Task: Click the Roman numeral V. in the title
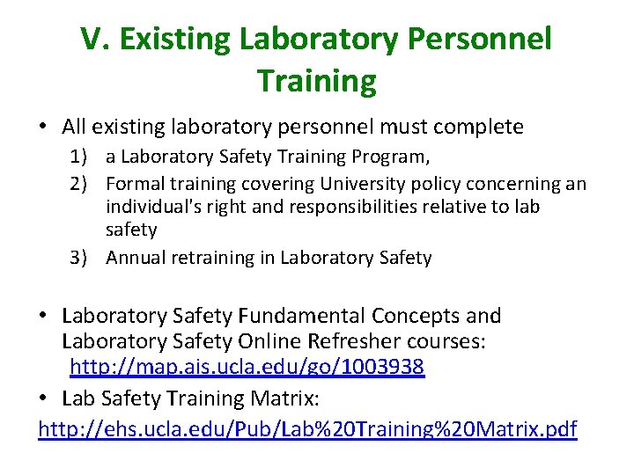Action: point(95,39)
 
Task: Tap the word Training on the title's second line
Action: point(317,81)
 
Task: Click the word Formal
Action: point(134,184)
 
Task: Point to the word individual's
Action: point(155,207)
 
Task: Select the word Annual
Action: point(136,258)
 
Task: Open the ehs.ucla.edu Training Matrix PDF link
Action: point(307,429)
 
